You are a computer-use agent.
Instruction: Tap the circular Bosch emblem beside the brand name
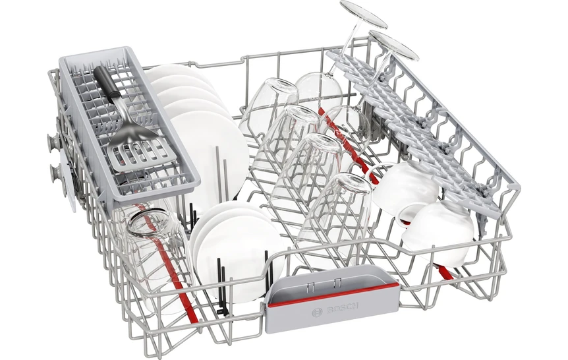pyautogui.click(x=318, y=313)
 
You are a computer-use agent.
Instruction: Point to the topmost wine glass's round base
pyautogui.click(x=363, y=15)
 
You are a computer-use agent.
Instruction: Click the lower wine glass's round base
pyautogui.click(x=393, y=45)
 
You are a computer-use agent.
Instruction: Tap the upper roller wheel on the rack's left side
pyautogui.click(x=53, y=140)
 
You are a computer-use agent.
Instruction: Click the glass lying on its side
pyautogui.click(x=152, y=250)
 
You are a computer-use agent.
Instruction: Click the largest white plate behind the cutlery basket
pyautogui.click(x=208, y=152)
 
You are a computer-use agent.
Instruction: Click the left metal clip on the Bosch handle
pyautogui.click(x=309, y=286)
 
